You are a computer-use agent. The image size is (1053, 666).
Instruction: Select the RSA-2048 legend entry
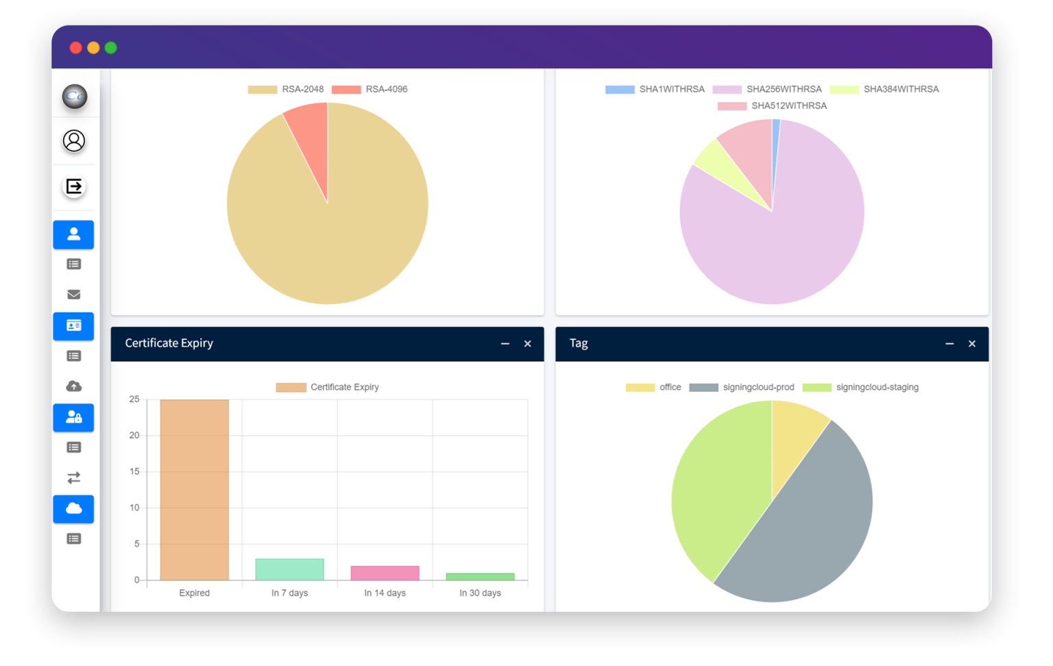286,89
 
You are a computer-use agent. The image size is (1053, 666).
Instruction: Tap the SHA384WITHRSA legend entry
884,89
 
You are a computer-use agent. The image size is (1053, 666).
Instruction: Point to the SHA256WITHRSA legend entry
767,89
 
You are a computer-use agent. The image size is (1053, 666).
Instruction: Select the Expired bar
194,489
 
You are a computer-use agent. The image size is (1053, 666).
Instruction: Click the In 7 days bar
289,569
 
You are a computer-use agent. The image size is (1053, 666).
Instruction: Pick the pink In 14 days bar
385,573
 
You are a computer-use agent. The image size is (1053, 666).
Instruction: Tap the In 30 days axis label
480,593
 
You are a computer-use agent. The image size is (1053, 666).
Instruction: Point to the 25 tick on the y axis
134,399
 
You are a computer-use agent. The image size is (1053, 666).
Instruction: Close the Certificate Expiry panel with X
527,344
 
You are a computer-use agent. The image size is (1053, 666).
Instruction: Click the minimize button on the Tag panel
949,344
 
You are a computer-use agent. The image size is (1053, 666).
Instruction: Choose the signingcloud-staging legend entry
861,387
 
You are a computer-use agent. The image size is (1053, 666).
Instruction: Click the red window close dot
76,47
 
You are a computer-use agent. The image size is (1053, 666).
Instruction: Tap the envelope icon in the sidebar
74,295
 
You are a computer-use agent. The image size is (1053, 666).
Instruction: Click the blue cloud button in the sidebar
73,508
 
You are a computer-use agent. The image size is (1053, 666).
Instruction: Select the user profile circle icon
74,140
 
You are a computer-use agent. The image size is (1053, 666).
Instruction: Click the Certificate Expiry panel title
169,343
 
